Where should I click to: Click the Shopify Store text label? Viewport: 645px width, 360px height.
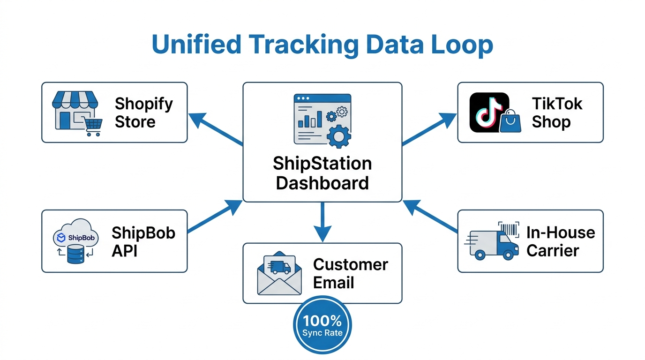143,112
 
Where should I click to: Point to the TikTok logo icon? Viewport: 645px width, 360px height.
489,112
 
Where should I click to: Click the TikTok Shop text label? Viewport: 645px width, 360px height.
557,112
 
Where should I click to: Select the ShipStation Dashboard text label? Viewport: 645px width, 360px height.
322,173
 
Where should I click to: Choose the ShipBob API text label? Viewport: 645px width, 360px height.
143,241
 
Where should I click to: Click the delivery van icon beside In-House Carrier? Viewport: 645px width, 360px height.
492,241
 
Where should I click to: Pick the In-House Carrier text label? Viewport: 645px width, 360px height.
560,241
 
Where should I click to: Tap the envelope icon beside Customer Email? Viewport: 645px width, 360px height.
279,274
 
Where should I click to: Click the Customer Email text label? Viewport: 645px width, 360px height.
350,273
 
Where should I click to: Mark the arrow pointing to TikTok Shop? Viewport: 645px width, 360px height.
429,128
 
